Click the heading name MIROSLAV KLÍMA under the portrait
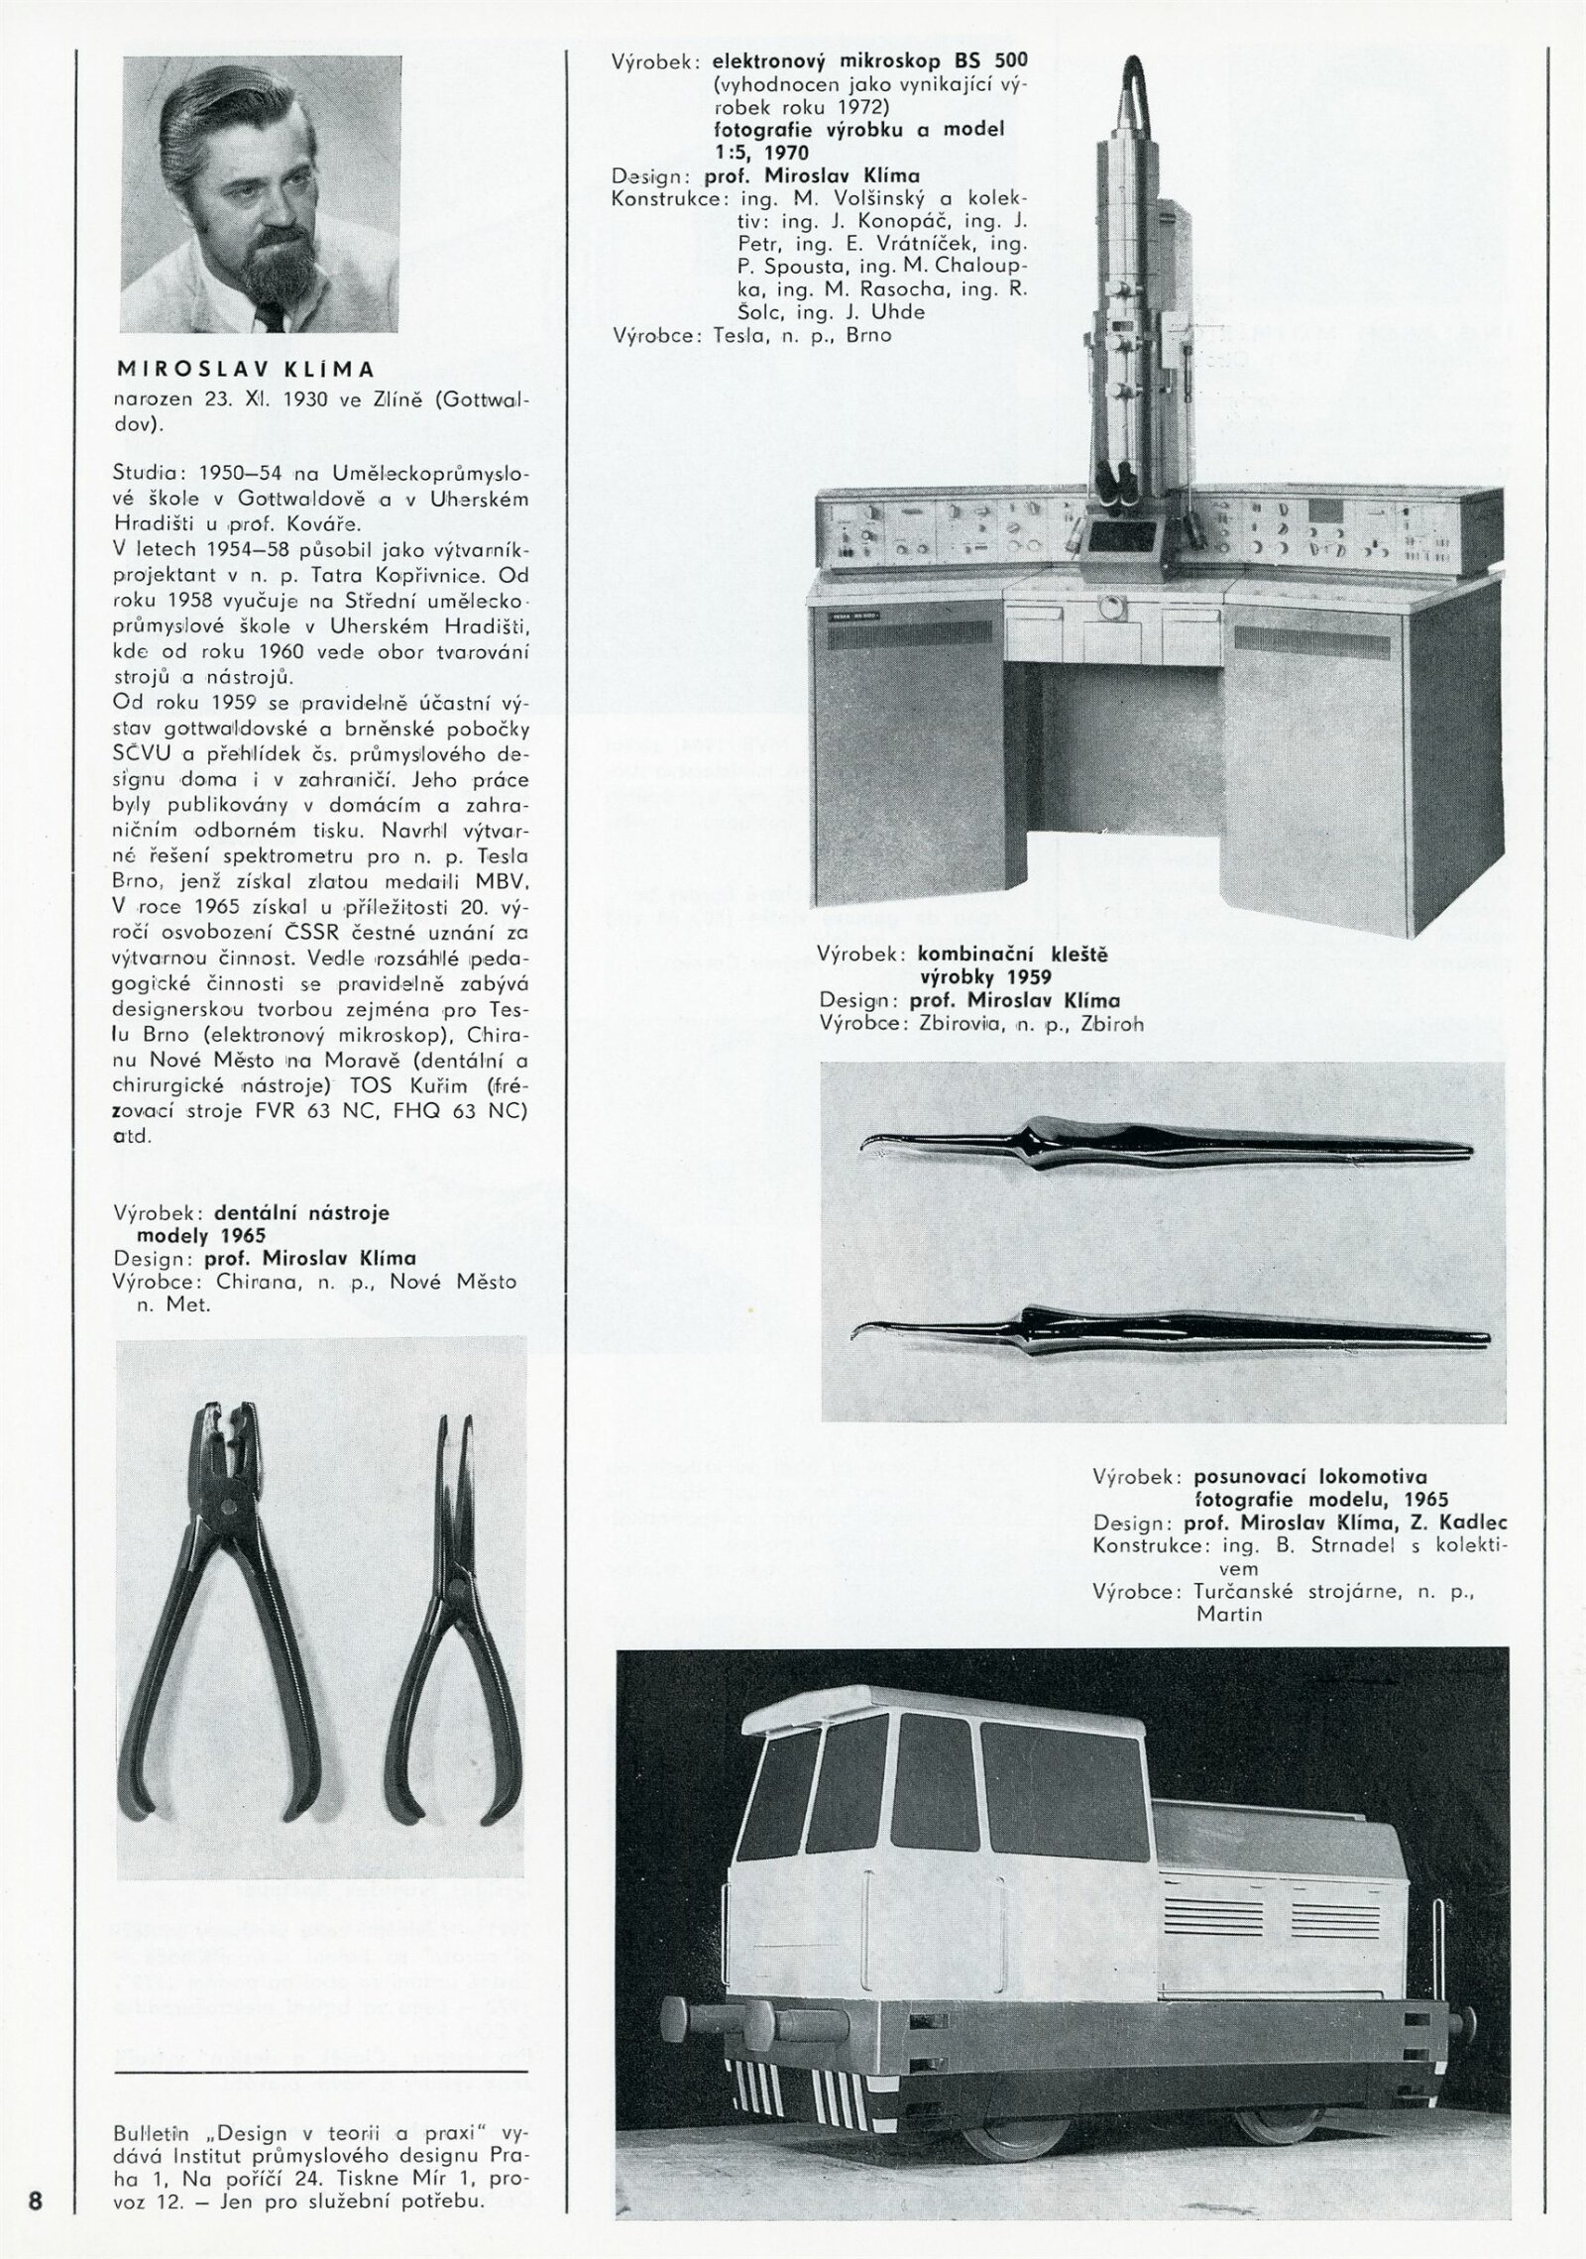click(x=246, y=370)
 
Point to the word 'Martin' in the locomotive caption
click(x=1229, y=1614)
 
